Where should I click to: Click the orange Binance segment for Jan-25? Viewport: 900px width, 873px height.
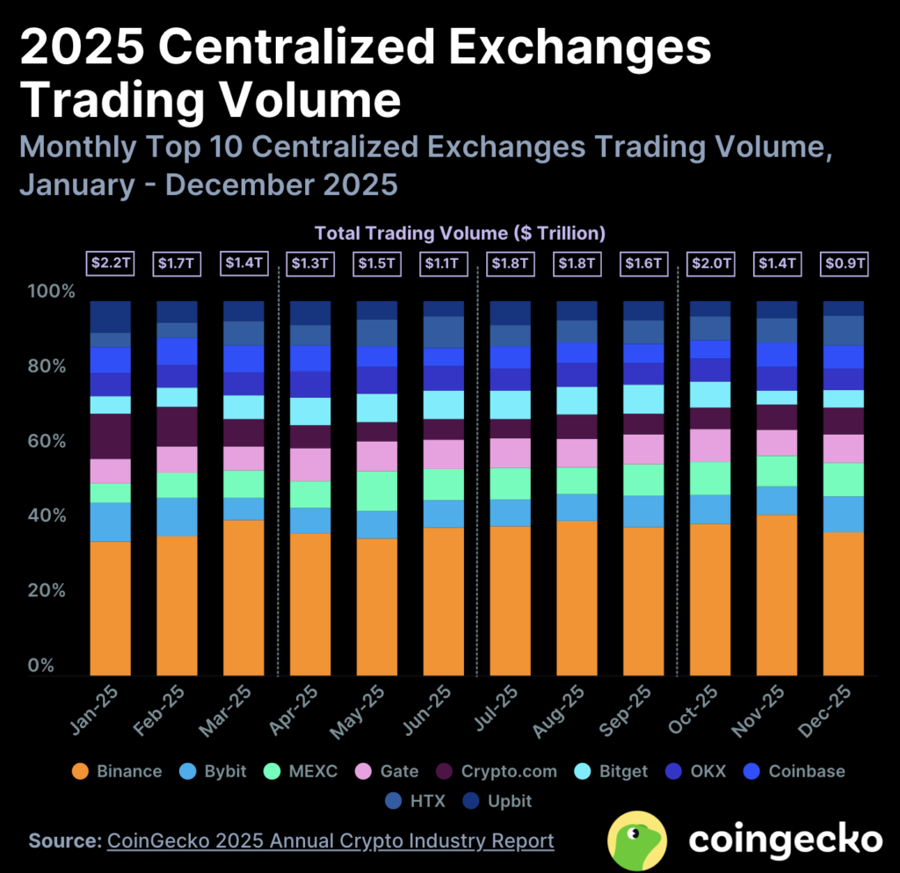[111, 608]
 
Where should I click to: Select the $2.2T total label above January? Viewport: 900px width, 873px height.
[111, 263]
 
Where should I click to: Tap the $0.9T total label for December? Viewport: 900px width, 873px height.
[843, 263]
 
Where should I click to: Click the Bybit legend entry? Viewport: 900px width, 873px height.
[215, 771]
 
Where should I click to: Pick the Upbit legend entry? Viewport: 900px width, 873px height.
[499, 800]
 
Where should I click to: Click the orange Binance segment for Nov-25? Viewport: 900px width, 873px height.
[777, 595]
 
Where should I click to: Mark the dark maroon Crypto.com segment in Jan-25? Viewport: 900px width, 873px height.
[111, 436]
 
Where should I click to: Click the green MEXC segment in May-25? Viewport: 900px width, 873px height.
[376, 490]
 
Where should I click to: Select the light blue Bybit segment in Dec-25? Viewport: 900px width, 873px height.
[843, 514]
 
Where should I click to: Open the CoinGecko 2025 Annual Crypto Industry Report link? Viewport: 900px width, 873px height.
[330, 841]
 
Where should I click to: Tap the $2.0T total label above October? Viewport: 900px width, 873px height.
[709, 263]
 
